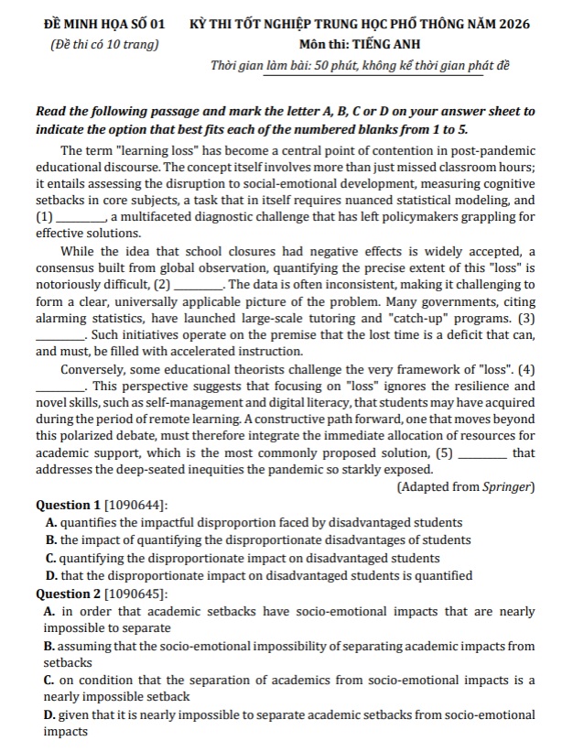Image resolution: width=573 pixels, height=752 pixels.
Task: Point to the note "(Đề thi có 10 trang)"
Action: (x=103, y=44)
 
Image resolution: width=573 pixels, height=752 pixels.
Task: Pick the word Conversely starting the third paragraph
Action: (x=94, y=369)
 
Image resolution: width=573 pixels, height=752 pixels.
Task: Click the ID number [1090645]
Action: (x=136, y=594)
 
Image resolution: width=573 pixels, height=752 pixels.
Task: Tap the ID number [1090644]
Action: (x=136, y=505)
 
